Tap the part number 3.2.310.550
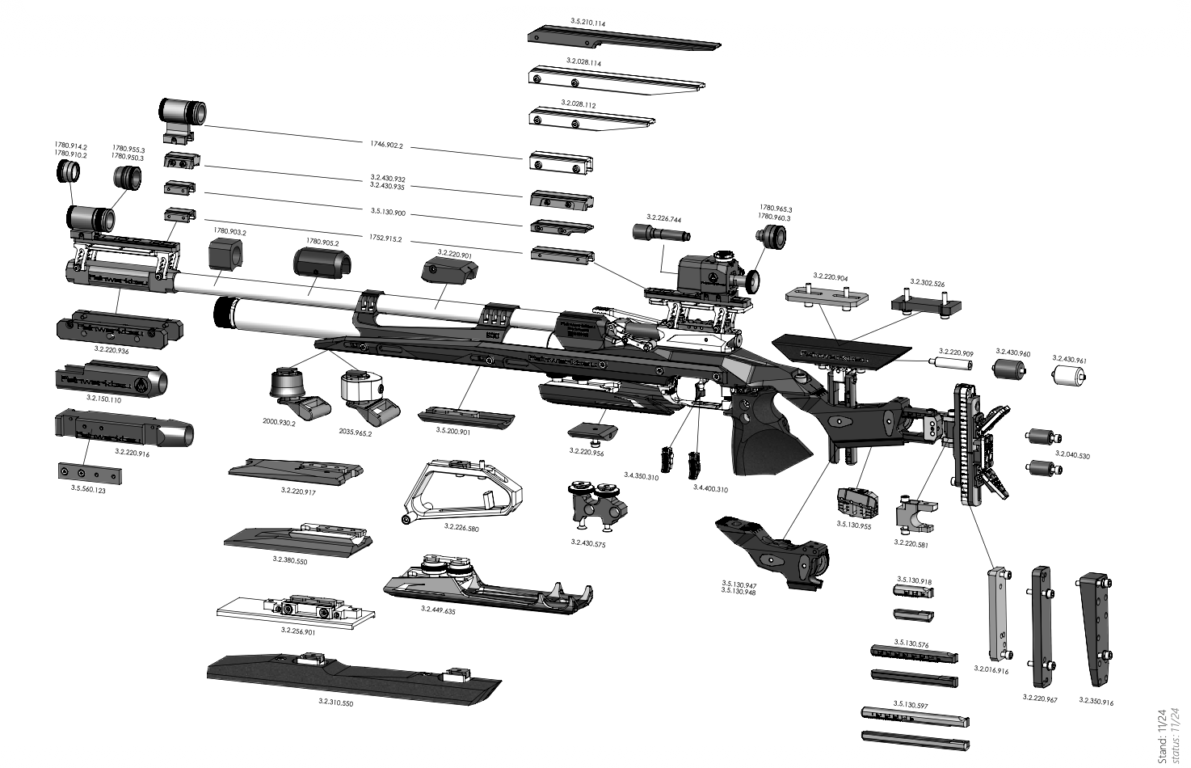[335, 703]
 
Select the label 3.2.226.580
[461, 526]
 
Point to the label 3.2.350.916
[1096, 702]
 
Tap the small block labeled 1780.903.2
[226, 256]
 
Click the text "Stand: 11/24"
[1161, 735]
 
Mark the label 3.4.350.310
[641, 477]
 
